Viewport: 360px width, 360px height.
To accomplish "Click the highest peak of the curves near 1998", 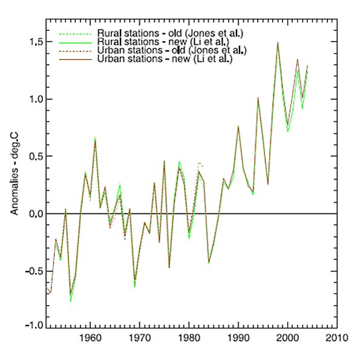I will [x=278, y=43].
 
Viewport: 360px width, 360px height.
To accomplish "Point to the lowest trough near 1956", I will [x=70, y=300].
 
